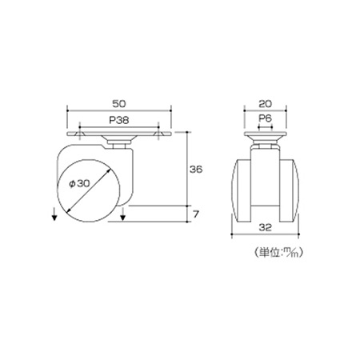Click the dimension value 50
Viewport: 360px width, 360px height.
click(x=119, y=104)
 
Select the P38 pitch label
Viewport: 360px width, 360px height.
click(x=119, y=120)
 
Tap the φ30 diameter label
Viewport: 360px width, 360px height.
click(x=79, y=183)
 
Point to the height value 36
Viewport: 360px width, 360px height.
click(x=196, y=169)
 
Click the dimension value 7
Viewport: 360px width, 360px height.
click(x=196, y=214)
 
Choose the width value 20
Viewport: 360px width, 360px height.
click(x=266, y=104)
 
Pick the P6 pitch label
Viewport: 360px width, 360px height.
click(x=266, y=118)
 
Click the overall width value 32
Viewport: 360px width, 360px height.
click(x=266, y=227)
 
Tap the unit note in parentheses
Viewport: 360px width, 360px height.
click(x=278, y=252)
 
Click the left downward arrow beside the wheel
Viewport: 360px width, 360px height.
click(x=54, y=214)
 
